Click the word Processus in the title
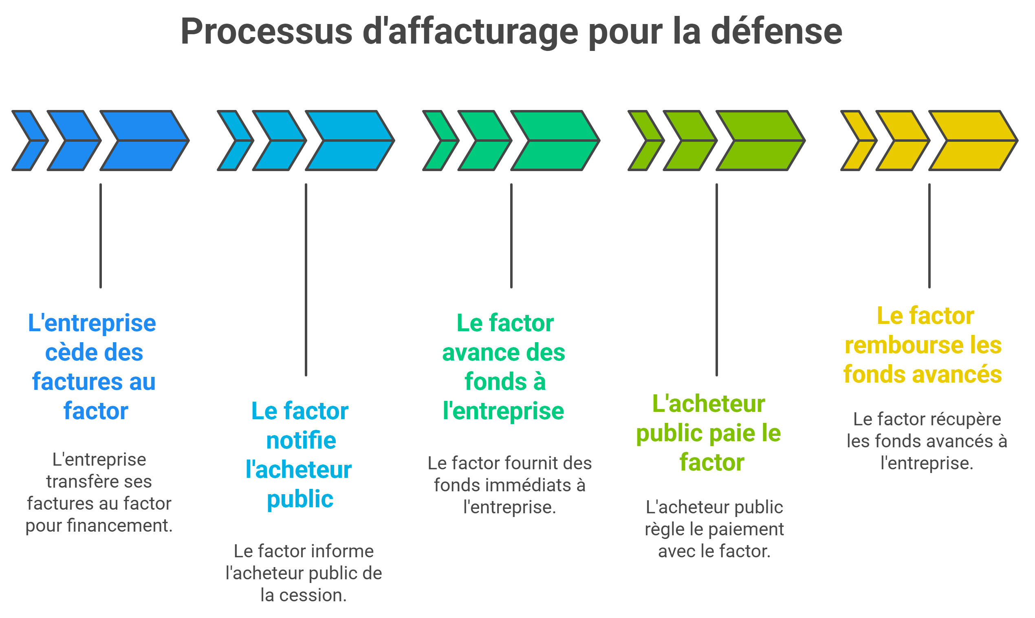click(266, 32)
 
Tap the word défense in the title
click(776, 32)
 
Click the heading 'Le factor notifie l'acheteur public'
click(300, 455)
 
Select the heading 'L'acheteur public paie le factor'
click(709, 433)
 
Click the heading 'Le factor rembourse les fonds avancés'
click(923, 345)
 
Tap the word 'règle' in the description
click(665, 530)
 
